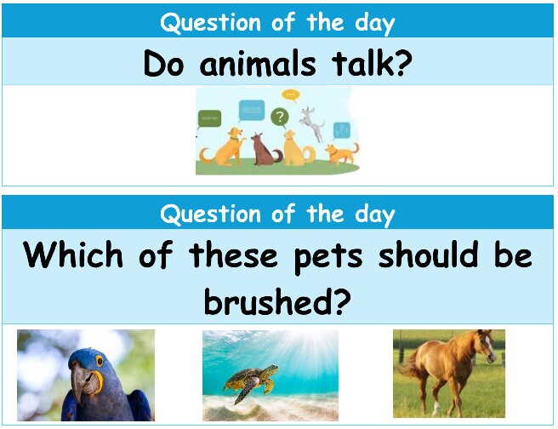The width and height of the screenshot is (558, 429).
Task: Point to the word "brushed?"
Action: [278, 299]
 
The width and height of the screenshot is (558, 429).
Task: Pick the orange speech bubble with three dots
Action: [291, 94]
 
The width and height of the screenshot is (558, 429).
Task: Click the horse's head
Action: [482, 346]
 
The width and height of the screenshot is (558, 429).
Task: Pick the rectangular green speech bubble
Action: [209, 117]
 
